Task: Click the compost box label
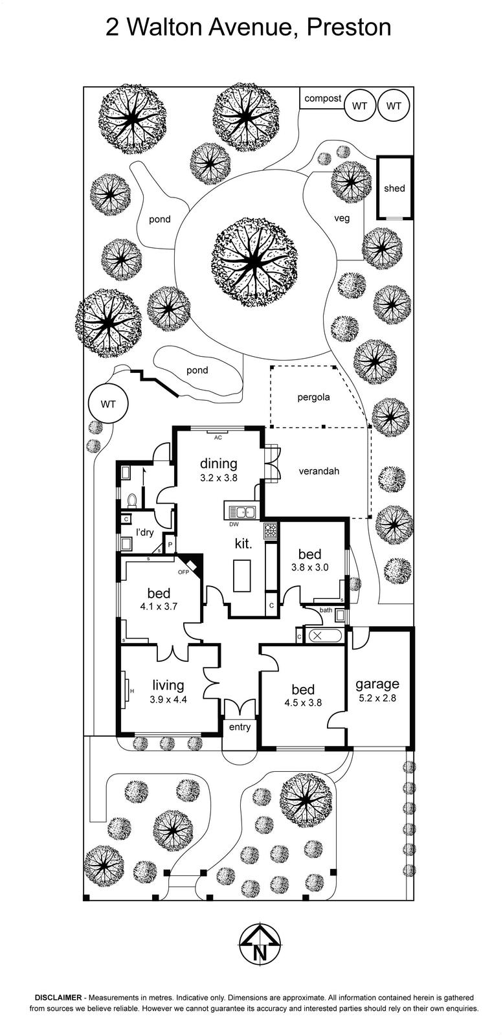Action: pos(322,98)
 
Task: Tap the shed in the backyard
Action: pos(394,188)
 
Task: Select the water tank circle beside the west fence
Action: pos(108,404)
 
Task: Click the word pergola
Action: pos(313,397)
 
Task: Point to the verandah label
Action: pos(319,471)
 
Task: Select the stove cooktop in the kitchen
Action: pos(270,531)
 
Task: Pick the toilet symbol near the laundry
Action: pos(132,501)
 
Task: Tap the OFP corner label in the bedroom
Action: pos(183,572)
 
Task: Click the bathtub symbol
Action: pos(324,636)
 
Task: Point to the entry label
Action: pos(240,727)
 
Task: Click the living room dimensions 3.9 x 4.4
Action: pos(168,699)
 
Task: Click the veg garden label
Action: pos(342,218)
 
